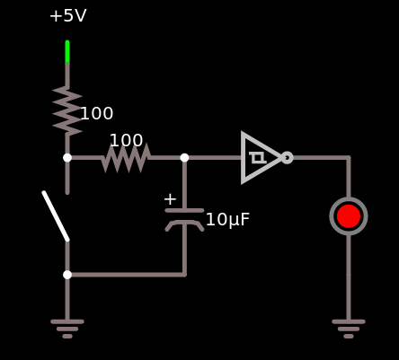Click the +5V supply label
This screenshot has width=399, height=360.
coord(68,15)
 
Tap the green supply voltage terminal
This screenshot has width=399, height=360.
coord(67,51)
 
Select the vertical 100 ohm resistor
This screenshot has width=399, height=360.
coord(67,110)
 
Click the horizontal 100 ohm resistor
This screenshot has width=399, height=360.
coord(126,158)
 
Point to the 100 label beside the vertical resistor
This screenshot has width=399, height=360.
coord(97,114)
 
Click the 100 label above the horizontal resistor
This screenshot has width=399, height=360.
coord(126,140)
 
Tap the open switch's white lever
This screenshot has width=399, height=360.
coord(56,216)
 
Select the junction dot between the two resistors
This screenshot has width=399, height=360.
coord(67,158)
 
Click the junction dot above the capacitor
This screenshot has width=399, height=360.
coord(184,158)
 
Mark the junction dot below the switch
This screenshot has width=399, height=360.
coord(67,275)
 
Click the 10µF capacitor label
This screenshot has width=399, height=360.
coord(227,220)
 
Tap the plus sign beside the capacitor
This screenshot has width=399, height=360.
coord(170,199)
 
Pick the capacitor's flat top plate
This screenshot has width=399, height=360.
coord(184,211)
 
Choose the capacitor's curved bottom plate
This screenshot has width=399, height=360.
coord(184,222)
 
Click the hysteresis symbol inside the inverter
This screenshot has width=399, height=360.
coord(258,158)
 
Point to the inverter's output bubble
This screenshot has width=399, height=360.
coord(288,158)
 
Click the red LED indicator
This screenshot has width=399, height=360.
coord(349,216)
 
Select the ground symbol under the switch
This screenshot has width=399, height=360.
coord(67,329)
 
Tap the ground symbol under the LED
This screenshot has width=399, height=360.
coord(349,329)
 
